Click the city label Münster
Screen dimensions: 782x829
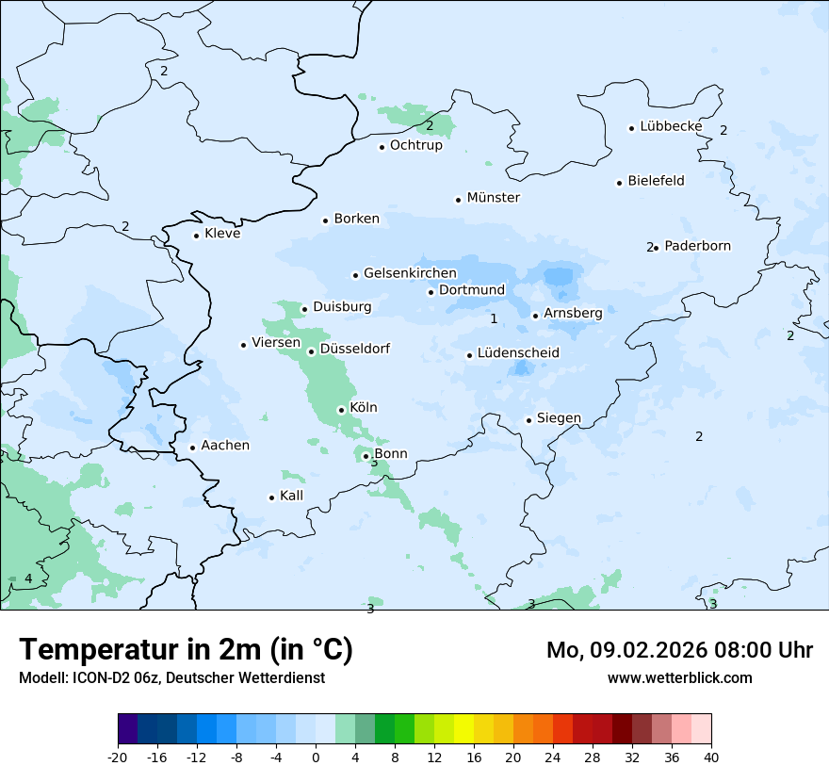(493, 198)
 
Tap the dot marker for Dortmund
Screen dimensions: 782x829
(431, 292)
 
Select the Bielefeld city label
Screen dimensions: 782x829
(656, 181)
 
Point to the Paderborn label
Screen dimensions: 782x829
(697, 246)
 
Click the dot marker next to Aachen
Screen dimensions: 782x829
(192, 448)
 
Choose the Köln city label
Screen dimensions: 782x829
(363, 408)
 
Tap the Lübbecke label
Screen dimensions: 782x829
(671, 126)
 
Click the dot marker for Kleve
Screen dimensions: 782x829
(196, 236)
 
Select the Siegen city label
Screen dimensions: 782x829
(559, 418)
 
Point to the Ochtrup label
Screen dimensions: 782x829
(415, 145)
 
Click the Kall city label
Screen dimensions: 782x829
(291, 496)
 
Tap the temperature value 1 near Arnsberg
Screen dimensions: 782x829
(494, 319)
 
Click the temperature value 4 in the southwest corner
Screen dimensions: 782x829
(28, 578)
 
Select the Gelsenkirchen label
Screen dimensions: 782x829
(410, 273)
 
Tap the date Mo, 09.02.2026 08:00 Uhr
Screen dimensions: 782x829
(679, 650)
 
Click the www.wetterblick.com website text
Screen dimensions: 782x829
(679, 677)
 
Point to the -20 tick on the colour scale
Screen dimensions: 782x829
(118, 757)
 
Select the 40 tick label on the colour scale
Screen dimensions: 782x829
(711, 757)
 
